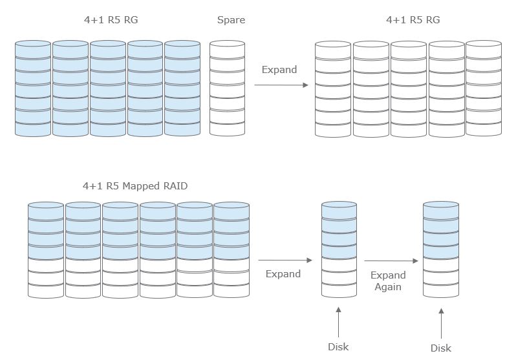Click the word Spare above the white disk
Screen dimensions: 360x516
click(x=231, y=20)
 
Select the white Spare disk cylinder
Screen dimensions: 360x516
click(x=227, y=89)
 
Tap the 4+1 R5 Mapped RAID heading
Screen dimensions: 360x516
click(x=135, y=186)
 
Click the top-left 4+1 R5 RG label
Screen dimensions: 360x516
click(x=111, y=20)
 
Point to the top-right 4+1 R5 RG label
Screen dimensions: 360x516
click(x=413, y=20)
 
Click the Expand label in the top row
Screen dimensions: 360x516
click(x=279, y=69)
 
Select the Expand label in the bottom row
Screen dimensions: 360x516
click(x=283, y=273)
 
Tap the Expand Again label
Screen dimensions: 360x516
click(x=388, y=281)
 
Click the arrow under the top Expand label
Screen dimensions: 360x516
click(x=281, y=83)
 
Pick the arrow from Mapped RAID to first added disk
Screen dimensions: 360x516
click(x=285, y=260)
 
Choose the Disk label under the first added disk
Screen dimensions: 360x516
click(x=338, y=346)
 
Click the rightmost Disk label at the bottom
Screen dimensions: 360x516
click(x=441, y=348)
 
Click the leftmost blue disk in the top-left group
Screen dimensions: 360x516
click(x=32, y=89)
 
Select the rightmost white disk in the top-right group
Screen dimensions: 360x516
click(x=483, y=89)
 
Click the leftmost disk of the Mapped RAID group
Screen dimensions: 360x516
click(x=45, y=249)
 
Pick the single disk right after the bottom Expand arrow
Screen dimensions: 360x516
click(x=339, y=249)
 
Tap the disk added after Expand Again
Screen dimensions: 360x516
click(x=441, y=249)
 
